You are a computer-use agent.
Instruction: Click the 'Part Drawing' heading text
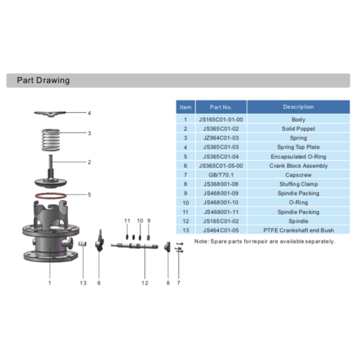[43, 80]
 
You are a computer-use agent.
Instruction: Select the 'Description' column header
[298, 107]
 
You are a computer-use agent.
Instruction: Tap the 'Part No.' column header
[221, 107]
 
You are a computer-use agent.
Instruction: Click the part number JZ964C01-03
[221, 138]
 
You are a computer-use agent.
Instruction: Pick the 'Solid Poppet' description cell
[298, 129]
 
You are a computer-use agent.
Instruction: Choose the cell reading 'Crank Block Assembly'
[298, 166]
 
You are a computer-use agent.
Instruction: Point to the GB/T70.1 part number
[221, 175]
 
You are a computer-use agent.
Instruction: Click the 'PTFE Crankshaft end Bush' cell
[298, 230]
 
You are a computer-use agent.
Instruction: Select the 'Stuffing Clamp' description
[298, 184]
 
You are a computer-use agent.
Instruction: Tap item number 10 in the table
[186, 203]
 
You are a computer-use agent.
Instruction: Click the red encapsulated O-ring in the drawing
[50, 196]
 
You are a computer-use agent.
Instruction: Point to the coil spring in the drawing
[50, 140]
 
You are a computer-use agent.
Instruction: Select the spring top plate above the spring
[50, 114]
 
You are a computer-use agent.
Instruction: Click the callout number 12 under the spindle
[145, 283]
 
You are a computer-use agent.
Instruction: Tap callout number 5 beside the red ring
[89, 194]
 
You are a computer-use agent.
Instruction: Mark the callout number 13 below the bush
[83, 283]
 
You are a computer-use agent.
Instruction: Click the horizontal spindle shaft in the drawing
[135, 246]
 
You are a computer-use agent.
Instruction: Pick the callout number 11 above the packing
[127, 220]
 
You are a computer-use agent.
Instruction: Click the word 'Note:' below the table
[202, 241]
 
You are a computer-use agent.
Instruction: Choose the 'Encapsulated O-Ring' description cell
[298, 157]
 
